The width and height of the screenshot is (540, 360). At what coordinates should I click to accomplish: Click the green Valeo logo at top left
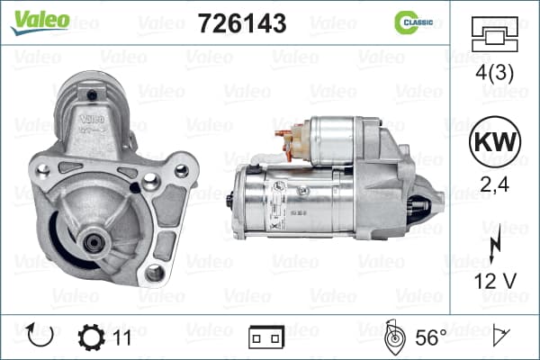pyautogui.click(x=40, y=22)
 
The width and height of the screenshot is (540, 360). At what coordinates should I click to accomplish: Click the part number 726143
pyautogui.click(x=242, y=23)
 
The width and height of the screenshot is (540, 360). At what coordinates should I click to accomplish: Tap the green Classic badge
pyautogui.click(x=413, y=22)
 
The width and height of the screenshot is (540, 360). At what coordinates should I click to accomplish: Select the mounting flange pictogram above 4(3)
pyautogui.click(x=494, y=34)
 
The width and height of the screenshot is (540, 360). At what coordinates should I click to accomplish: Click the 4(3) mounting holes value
pyautogui.click(x=494, y=73)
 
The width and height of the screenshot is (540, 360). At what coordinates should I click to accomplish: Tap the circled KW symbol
pyautogui.click(x=495, y=142)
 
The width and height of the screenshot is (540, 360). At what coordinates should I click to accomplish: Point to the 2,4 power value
pyautogui.click(x=494, y=184)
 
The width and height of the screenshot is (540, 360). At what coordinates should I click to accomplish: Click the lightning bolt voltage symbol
pyautogui.click(x=495, y=244)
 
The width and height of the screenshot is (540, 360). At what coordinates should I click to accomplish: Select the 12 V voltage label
pyautogui.click(x=495, y=281)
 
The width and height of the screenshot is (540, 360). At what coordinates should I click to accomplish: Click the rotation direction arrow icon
pyautogui.click(x=40, y=336)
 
